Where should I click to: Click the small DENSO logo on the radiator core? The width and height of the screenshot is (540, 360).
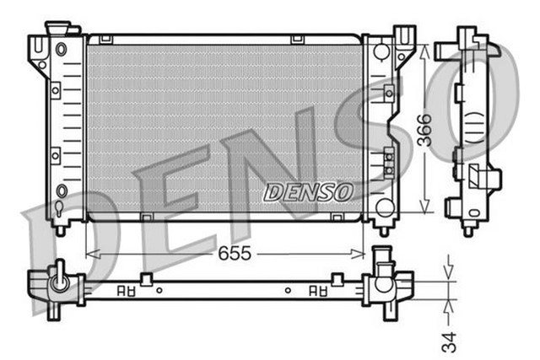pyautogui.click(x=308, y=191)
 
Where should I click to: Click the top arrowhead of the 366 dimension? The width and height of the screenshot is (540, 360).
pyautogui.click(x=424, y=49)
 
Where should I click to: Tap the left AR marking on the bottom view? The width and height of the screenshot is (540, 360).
pyautogui.click(x=126, y=290)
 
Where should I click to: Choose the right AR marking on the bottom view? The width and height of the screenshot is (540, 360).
pyautogui.click(x=318, y=290)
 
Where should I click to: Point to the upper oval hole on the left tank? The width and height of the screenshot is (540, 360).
pyautogui.click(x=61, y=49)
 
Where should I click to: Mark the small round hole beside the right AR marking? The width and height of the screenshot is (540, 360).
pyautogui.click(x=288, y=290)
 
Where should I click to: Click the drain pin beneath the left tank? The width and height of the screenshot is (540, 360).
pyautogui.click(x=59, y=228)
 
